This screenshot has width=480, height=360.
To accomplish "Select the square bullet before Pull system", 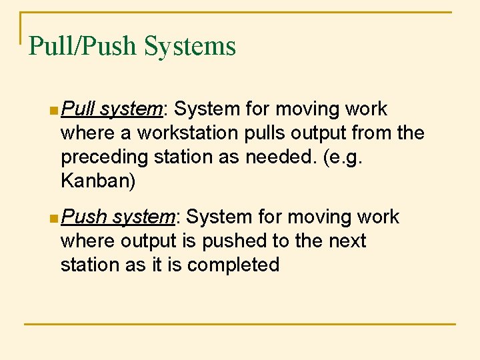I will pos(53,109).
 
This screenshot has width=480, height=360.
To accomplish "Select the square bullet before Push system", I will pos(53,217).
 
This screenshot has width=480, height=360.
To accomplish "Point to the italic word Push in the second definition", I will pos(83,217).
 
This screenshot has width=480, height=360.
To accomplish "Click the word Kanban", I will pos(97,181).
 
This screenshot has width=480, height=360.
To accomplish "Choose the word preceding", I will pos(101,157).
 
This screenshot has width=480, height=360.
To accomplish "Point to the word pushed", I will pos(233,241).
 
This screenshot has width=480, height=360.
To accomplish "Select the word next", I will pos(347,241).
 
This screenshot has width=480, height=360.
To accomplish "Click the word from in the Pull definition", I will pos(371,133).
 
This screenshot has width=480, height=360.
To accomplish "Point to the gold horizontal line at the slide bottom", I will pos(240,325).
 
